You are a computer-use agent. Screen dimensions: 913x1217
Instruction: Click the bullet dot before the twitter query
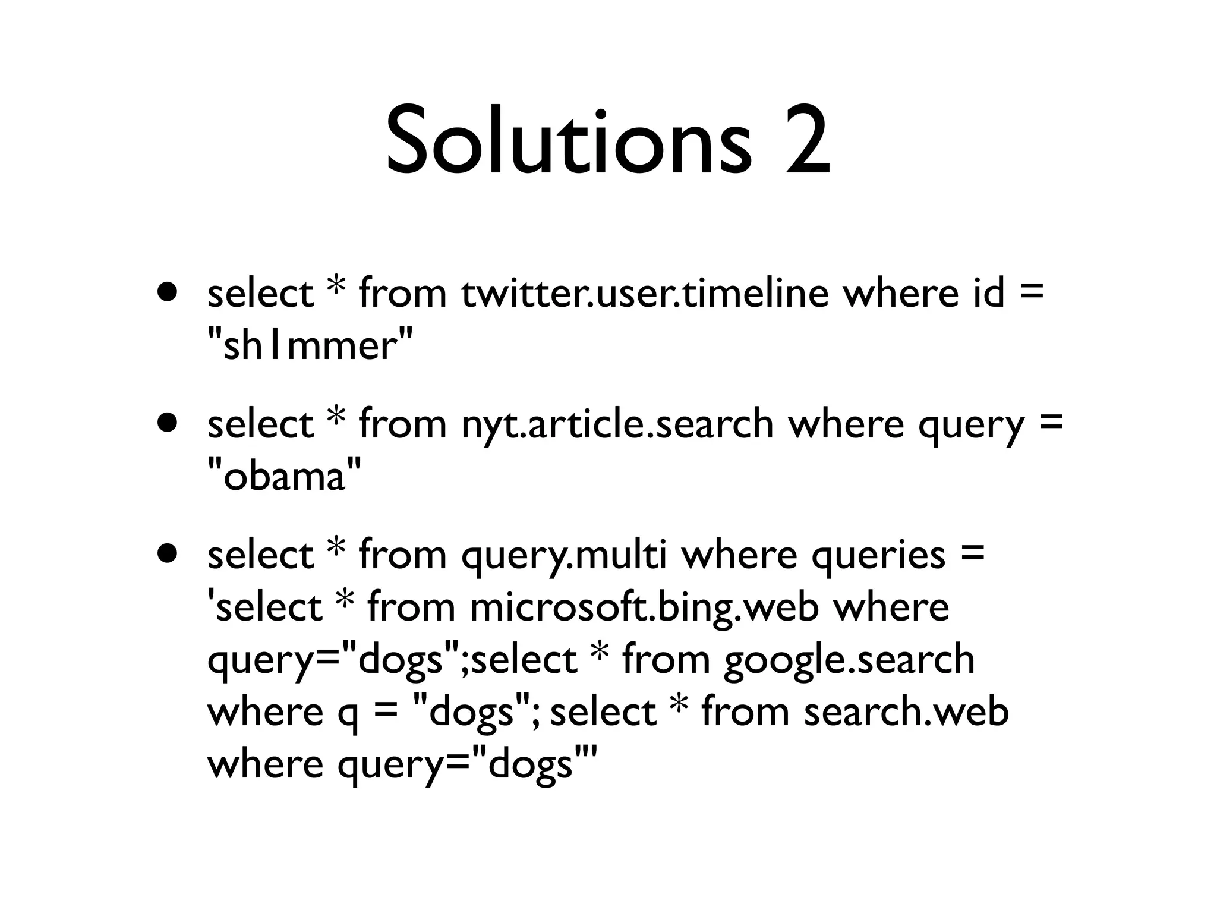[x=168, y=292]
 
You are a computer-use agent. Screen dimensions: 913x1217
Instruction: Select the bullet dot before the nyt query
[x=168, y=423]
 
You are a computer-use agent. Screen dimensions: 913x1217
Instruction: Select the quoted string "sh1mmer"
[x=309, y=345]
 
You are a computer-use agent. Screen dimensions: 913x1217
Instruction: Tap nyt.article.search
[x=617, y=424]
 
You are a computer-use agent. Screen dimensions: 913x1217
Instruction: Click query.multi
[x=564, y=556]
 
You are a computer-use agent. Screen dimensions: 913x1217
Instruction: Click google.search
[x=849, y=660]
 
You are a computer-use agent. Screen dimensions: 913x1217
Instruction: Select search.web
[x=906, y=711]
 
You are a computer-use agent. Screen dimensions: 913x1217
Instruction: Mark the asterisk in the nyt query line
[x=336, y=417]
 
